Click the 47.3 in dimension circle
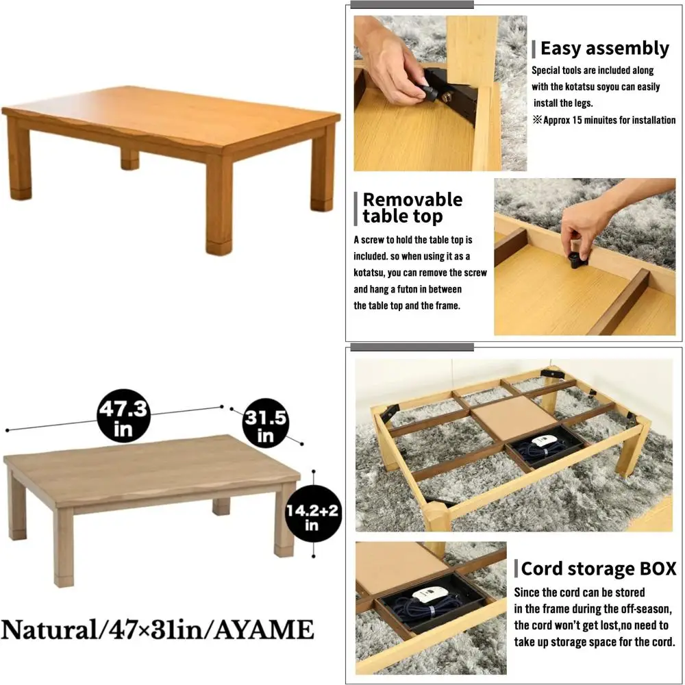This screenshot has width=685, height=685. pyautogui.click(x=124, y=417)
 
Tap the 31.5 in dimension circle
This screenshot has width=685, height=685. pyautogui.click(x=265, y=423)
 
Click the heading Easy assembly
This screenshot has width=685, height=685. pyautogui.click(x=604, y=49)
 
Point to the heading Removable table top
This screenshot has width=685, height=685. pyautogui.click(x=412, y=208)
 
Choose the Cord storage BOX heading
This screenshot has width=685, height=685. pyautogui.click(x=599, y=569)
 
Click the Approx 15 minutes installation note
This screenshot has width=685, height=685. pyautogui.click(x=608, y=121)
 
